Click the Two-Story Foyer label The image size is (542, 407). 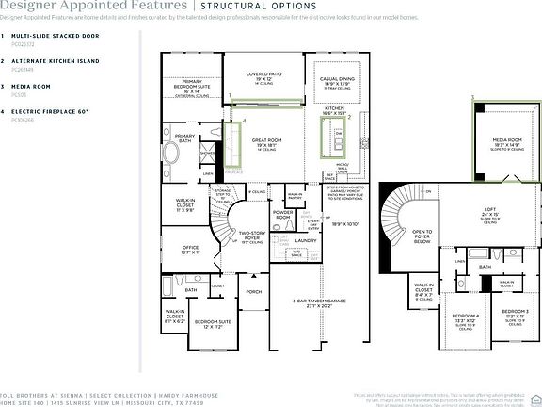(251, 235)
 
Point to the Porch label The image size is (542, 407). (254, 291)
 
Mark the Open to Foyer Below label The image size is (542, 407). (422, 236)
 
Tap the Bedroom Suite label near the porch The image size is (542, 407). (214, 323)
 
